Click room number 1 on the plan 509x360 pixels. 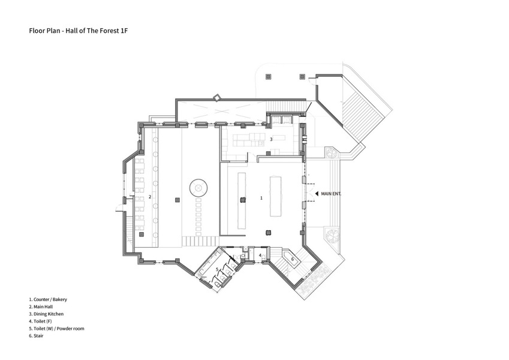click(261, 197)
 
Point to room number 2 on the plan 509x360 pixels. click(150, 196)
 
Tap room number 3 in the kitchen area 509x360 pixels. click(271, 139)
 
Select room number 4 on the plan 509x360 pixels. click(260, 255)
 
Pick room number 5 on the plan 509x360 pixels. click(217, 269)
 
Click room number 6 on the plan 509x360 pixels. click(293, 259)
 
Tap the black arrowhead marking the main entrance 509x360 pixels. click(317, 193)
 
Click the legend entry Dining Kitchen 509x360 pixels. click(46, 314)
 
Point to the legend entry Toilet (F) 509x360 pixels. click(41, 321)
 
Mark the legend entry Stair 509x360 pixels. click(37, 335)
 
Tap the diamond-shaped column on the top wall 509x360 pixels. click(216, 97)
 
